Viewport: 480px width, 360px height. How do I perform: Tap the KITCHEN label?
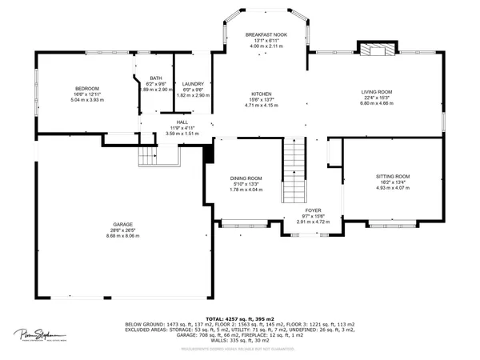[x=262, y=93]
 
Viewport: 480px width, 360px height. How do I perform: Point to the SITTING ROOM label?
[x=393, y=176]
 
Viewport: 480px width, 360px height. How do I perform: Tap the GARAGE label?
[x=122, y=225]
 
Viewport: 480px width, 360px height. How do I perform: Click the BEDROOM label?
[x=86, y=89]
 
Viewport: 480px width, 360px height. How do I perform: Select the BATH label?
[x=155, y=78]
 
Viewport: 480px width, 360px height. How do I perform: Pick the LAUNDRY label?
[x=193, y=84]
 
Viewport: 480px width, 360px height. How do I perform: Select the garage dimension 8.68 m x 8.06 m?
[x=122, y=236]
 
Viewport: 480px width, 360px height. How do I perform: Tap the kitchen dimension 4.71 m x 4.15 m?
[x=262, y=104]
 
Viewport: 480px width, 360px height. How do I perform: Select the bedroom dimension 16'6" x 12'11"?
[x=86, y=94]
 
